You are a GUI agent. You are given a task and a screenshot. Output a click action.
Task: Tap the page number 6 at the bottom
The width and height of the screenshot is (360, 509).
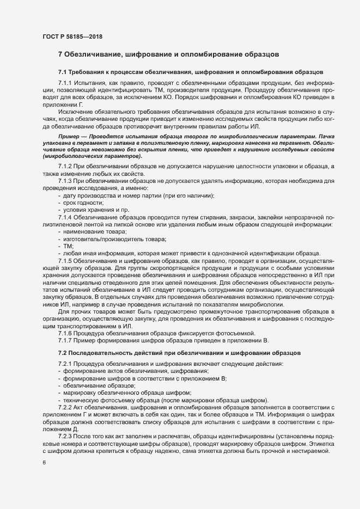tap(44, 463)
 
